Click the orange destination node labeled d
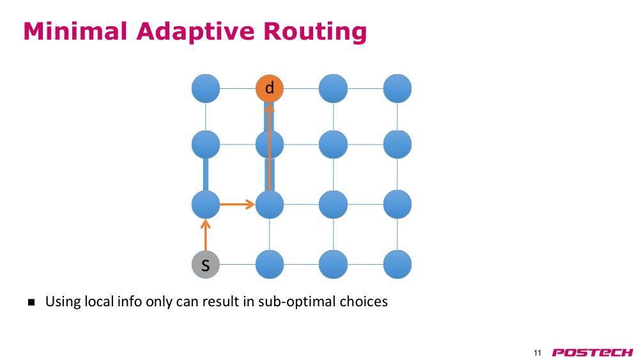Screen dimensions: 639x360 [270, 88]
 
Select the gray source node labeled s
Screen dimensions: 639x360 [206, 264]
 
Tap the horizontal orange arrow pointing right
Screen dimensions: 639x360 [237, 204]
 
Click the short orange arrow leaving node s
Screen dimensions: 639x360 [206, 235]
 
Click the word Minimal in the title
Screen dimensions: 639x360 [75, 31]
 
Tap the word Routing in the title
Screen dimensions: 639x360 [315, 32]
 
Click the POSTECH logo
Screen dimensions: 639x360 [592, 353]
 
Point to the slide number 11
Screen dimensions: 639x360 [537, 353]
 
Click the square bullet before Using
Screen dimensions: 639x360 [31, 302]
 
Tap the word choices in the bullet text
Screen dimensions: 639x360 [364, 301]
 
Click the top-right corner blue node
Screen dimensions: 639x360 [397, 88]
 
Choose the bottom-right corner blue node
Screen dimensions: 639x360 [397, 264]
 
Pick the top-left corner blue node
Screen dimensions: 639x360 [206, 88]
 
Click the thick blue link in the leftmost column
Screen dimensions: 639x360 [206, 175]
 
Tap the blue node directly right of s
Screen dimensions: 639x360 [270, 264]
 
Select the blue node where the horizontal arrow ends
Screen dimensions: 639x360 [270, 204]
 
